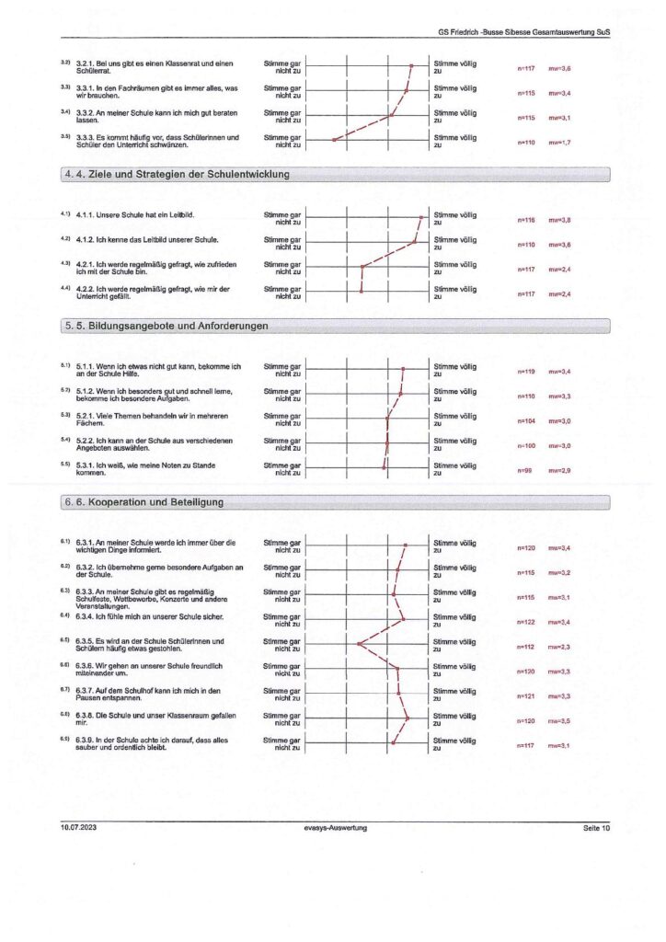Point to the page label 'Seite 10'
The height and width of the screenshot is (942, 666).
pos(596,828)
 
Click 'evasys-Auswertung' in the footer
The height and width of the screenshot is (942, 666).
pos(336,828)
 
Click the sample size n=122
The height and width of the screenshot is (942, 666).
pos(526,623)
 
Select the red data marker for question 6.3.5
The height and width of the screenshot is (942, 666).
pos(359,643)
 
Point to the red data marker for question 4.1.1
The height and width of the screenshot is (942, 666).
pos(420,218)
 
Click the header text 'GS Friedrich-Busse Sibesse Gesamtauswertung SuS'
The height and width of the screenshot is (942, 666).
pos(524,31)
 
